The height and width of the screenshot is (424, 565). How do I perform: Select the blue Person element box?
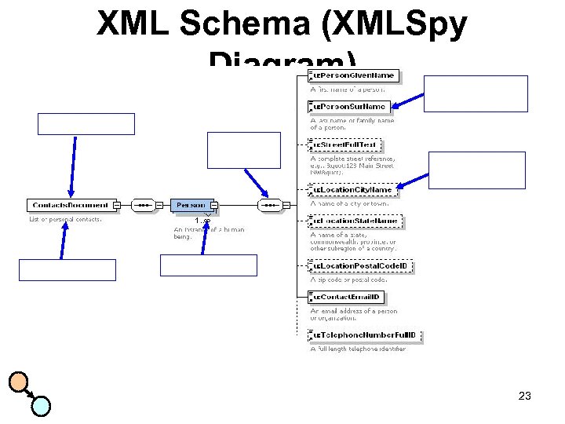point(191,206)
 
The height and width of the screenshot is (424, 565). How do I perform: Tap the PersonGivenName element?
point(355,76)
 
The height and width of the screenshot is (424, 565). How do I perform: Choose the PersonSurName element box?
point(350,107)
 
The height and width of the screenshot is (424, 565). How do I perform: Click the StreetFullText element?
point(347,146)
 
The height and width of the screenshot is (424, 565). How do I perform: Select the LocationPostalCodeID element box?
point(362,267)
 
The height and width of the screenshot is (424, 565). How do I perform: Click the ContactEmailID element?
point(347,298)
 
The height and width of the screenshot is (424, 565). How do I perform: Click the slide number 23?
point(525,396)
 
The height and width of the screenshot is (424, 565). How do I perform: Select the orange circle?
point(19,382)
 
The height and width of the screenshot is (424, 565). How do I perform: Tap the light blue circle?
point(41,405)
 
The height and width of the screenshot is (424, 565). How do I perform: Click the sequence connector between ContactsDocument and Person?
point(144,206)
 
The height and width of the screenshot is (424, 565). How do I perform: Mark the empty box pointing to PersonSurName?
point(476,93)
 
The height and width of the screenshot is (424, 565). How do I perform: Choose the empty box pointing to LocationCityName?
point(477,170)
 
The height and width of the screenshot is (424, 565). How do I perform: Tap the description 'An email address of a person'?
point(354,311)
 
